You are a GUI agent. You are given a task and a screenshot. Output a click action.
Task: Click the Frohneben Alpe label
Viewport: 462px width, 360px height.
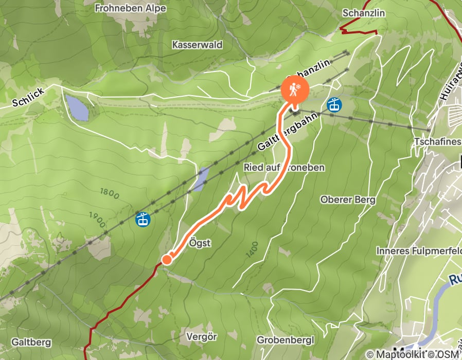coord(131,9)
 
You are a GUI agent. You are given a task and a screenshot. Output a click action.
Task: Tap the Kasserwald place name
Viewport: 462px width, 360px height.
coord(198,45)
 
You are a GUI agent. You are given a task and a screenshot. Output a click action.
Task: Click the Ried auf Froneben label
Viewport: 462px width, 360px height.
coord(284,168)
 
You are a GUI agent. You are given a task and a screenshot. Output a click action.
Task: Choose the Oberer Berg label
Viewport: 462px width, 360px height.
coord(348,200)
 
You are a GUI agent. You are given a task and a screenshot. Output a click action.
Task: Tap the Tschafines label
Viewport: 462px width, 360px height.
coord(436,141)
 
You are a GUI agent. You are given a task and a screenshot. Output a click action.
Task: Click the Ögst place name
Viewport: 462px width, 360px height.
coord(200,243)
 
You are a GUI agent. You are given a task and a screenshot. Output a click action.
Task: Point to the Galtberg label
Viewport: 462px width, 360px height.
coord(31,341)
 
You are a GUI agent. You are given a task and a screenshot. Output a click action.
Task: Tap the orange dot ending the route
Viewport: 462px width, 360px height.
coord(167,260)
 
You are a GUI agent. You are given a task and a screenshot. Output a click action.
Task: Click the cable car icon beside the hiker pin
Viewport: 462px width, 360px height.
coord(334,105)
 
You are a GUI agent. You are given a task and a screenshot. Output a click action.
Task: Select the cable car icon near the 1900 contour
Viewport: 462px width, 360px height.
coord(143,220)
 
